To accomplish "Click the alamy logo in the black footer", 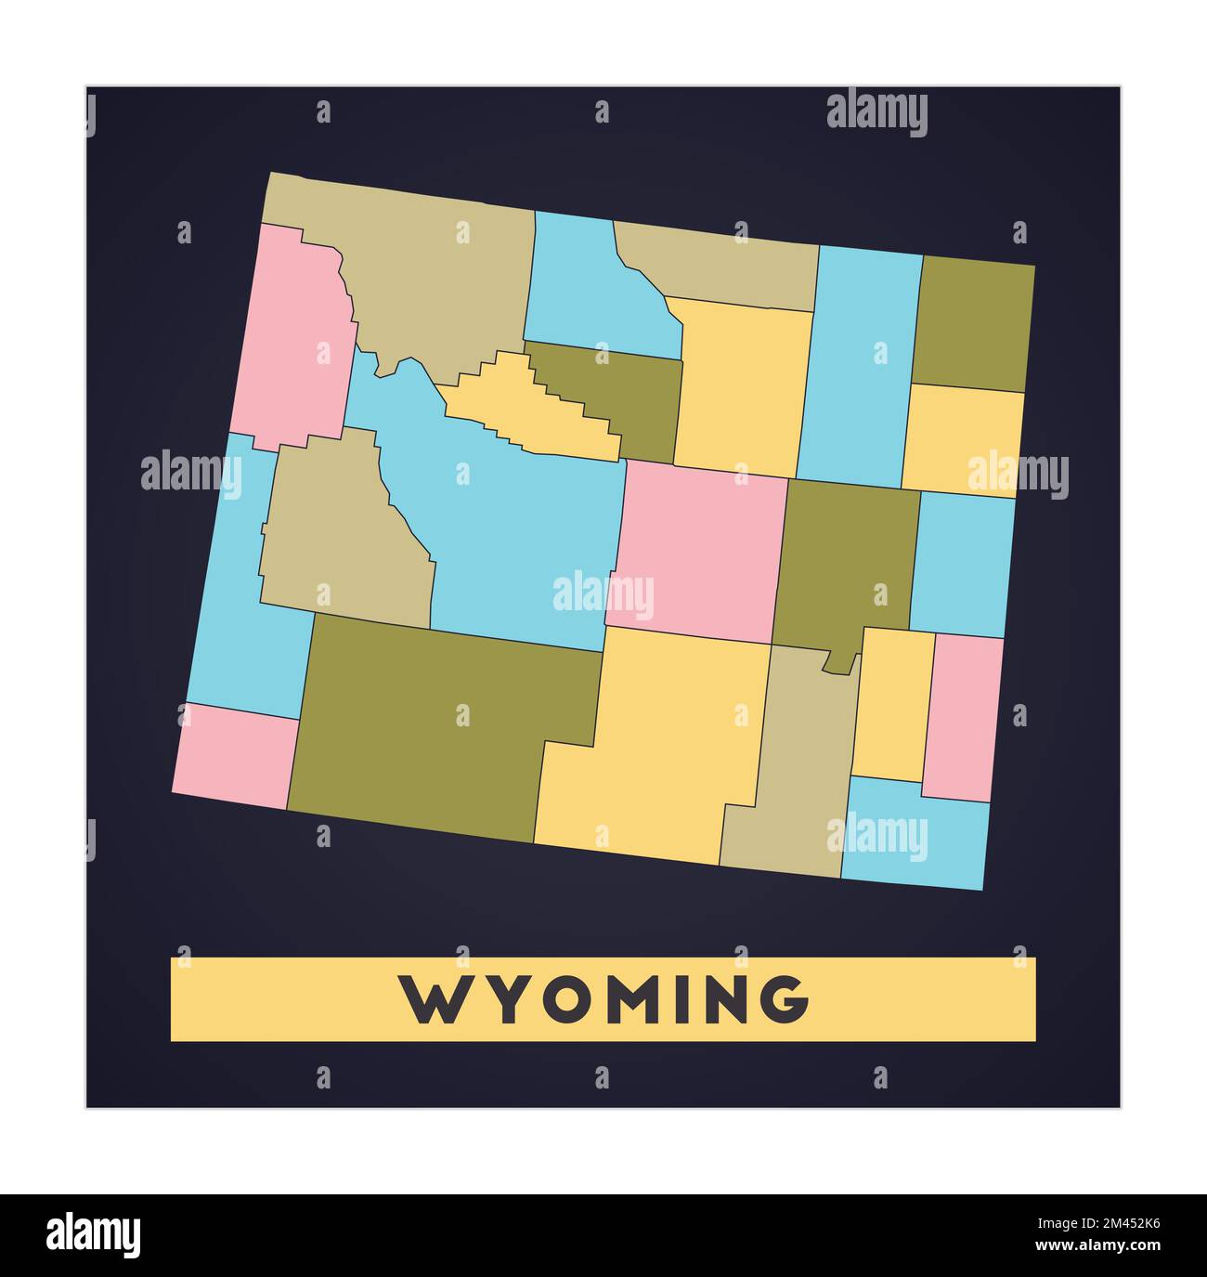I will pos(95,1235).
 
